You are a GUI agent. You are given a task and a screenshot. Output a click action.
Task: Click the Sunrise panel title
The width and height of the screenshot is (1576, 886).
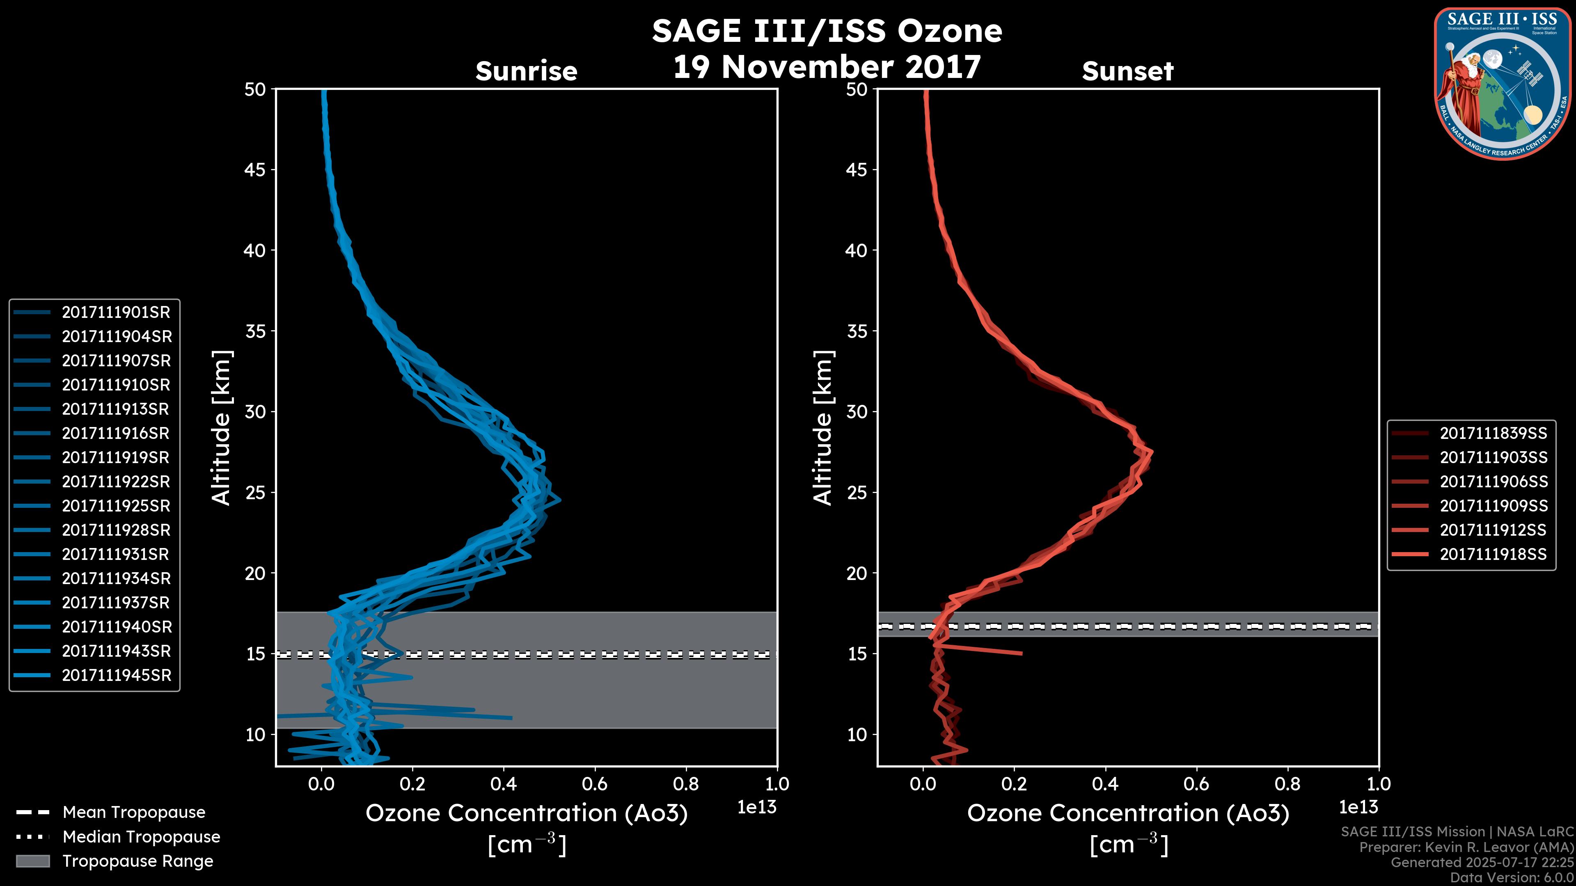[526, 71]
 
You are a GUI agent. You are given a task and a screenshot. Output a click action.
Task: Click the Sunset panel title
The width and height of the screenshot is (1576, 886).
[1127, 71]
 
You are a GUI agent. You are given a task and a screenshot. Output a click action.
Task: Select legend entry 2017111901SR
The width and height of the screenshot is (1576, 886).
[116, 313]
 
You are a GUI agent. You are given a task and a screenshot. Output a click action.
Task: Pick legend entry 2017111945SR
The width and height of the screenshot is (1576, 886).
[116, 676]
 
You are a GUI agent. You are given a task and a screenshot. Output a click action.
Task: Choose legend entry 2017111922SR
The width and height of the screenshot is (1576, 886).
[116, 482]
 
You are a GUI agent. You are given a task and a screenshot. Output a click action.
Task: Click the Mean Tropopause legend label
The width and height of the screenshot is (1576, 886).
[134, 813]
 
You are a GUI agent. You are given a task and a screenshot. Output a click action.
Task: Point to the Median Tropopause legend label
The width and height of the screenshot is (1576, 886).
[141, 837]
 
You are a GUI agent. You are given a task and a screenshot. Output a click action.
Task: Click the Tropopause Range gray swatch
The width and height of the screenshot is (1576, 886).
[32, 861]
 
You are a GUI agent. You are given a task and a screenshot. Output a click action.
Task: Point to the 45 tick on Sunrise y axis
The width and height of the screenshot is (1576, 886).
[255, 170]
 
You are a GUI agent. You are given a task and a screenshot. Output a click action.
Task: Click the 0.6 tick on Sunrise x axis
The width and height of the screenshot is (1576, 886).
[595, 784]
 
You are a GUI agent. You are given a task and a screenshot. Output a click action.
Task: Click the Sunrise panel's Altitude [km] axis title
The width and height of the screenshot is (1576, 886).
[221, 428]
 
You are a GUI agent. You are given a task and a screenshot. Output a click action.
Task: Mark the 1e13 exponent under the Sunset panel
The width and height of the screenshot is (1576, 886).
[1358, 807]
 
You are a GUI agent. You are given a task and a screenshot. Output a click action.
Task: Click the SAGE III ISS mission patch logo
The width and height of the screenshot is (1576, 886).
[1502, 83]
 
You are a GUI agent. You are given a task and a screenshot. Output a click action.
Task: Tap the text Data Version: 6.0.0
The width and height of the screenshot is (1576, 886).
[1512, 877]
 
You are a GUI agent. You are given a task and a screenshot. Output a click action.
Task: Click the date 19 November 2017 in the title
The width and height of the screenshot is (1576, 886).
[827, 67]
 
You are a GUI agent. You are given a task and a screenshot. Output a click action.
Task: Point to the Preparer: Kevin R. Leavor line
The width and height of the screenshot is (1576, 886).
[1466, 847]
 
